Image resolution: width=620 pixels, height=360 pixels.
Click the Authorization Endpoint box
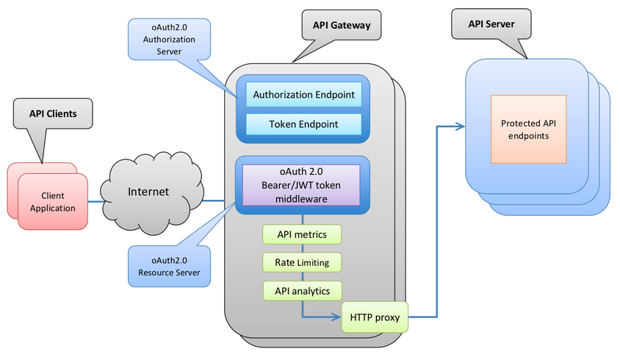tap(303, 95)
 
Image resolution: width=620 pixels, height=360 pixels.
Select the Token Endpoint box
tap(303, 124)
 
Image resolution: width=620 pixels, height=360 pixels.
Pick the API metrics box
tap(301, 234)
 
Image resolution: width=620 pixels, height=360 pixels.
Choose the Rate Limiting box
tap(301, 262)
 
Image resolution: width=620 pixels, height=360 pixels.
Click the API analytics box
tap(301, 290)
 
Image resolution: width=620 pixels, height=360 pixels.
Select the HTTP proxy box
tap(374, 317)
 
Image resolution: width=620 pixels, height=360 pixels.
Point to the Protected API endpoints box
tap(529, 129)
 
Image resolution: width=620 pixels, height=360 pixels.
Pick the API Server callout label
tap(491, 24)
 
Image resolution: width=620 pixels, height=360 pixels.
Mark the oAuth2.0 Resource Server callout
tap(167, 267)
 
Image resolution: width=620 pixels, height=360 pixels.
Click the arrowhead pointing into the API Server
tap(461, 126)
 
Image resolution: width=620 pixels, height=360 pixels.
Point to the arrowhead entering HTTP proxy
tap(336, 317)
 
